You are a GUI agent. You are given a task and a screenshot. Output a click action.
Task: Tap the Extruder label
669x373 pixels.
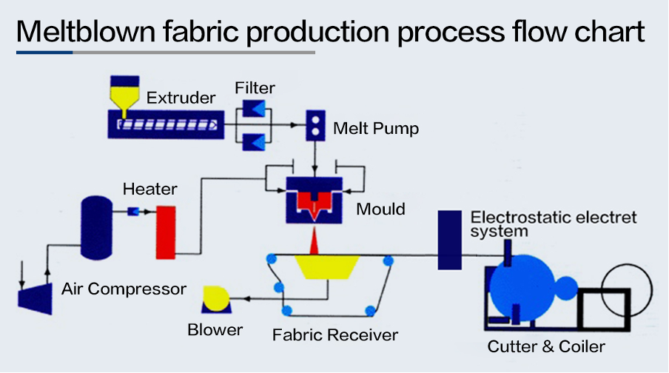pos(181,98)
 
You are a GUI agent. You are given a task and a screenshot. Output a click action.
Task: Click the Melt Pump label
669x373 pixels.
pos(375,129)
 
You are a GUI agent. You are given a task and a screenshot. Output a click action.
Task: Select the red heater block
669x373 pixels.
pos(165,232)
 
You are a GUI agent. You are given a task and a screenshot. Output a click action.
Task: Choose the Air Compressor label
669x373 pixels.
pos(124,289)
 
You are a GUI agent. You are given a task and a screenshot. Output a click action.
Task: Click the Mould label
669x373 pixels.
pos(380,209)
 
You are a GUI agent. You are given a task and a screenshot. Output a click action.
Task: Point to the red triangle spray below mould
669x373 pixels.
pos(315,241)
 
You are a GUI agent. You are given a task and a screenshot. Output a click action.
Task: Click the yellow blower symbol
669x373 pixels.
pos(217,298)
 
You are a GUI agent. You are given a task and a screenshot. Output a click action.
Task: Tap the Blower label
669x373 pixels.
pos(215,330)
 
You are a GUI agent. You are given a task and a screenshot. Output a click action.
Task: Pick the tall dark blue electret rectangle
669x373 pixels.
pos(449,240)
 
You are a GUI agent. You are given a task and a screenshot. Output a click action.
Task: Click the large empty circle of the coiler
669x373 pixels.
pos(626,284)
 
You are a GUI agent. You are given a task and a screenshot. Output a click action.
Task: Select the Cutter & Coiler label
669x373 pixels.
pos(546,346)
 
